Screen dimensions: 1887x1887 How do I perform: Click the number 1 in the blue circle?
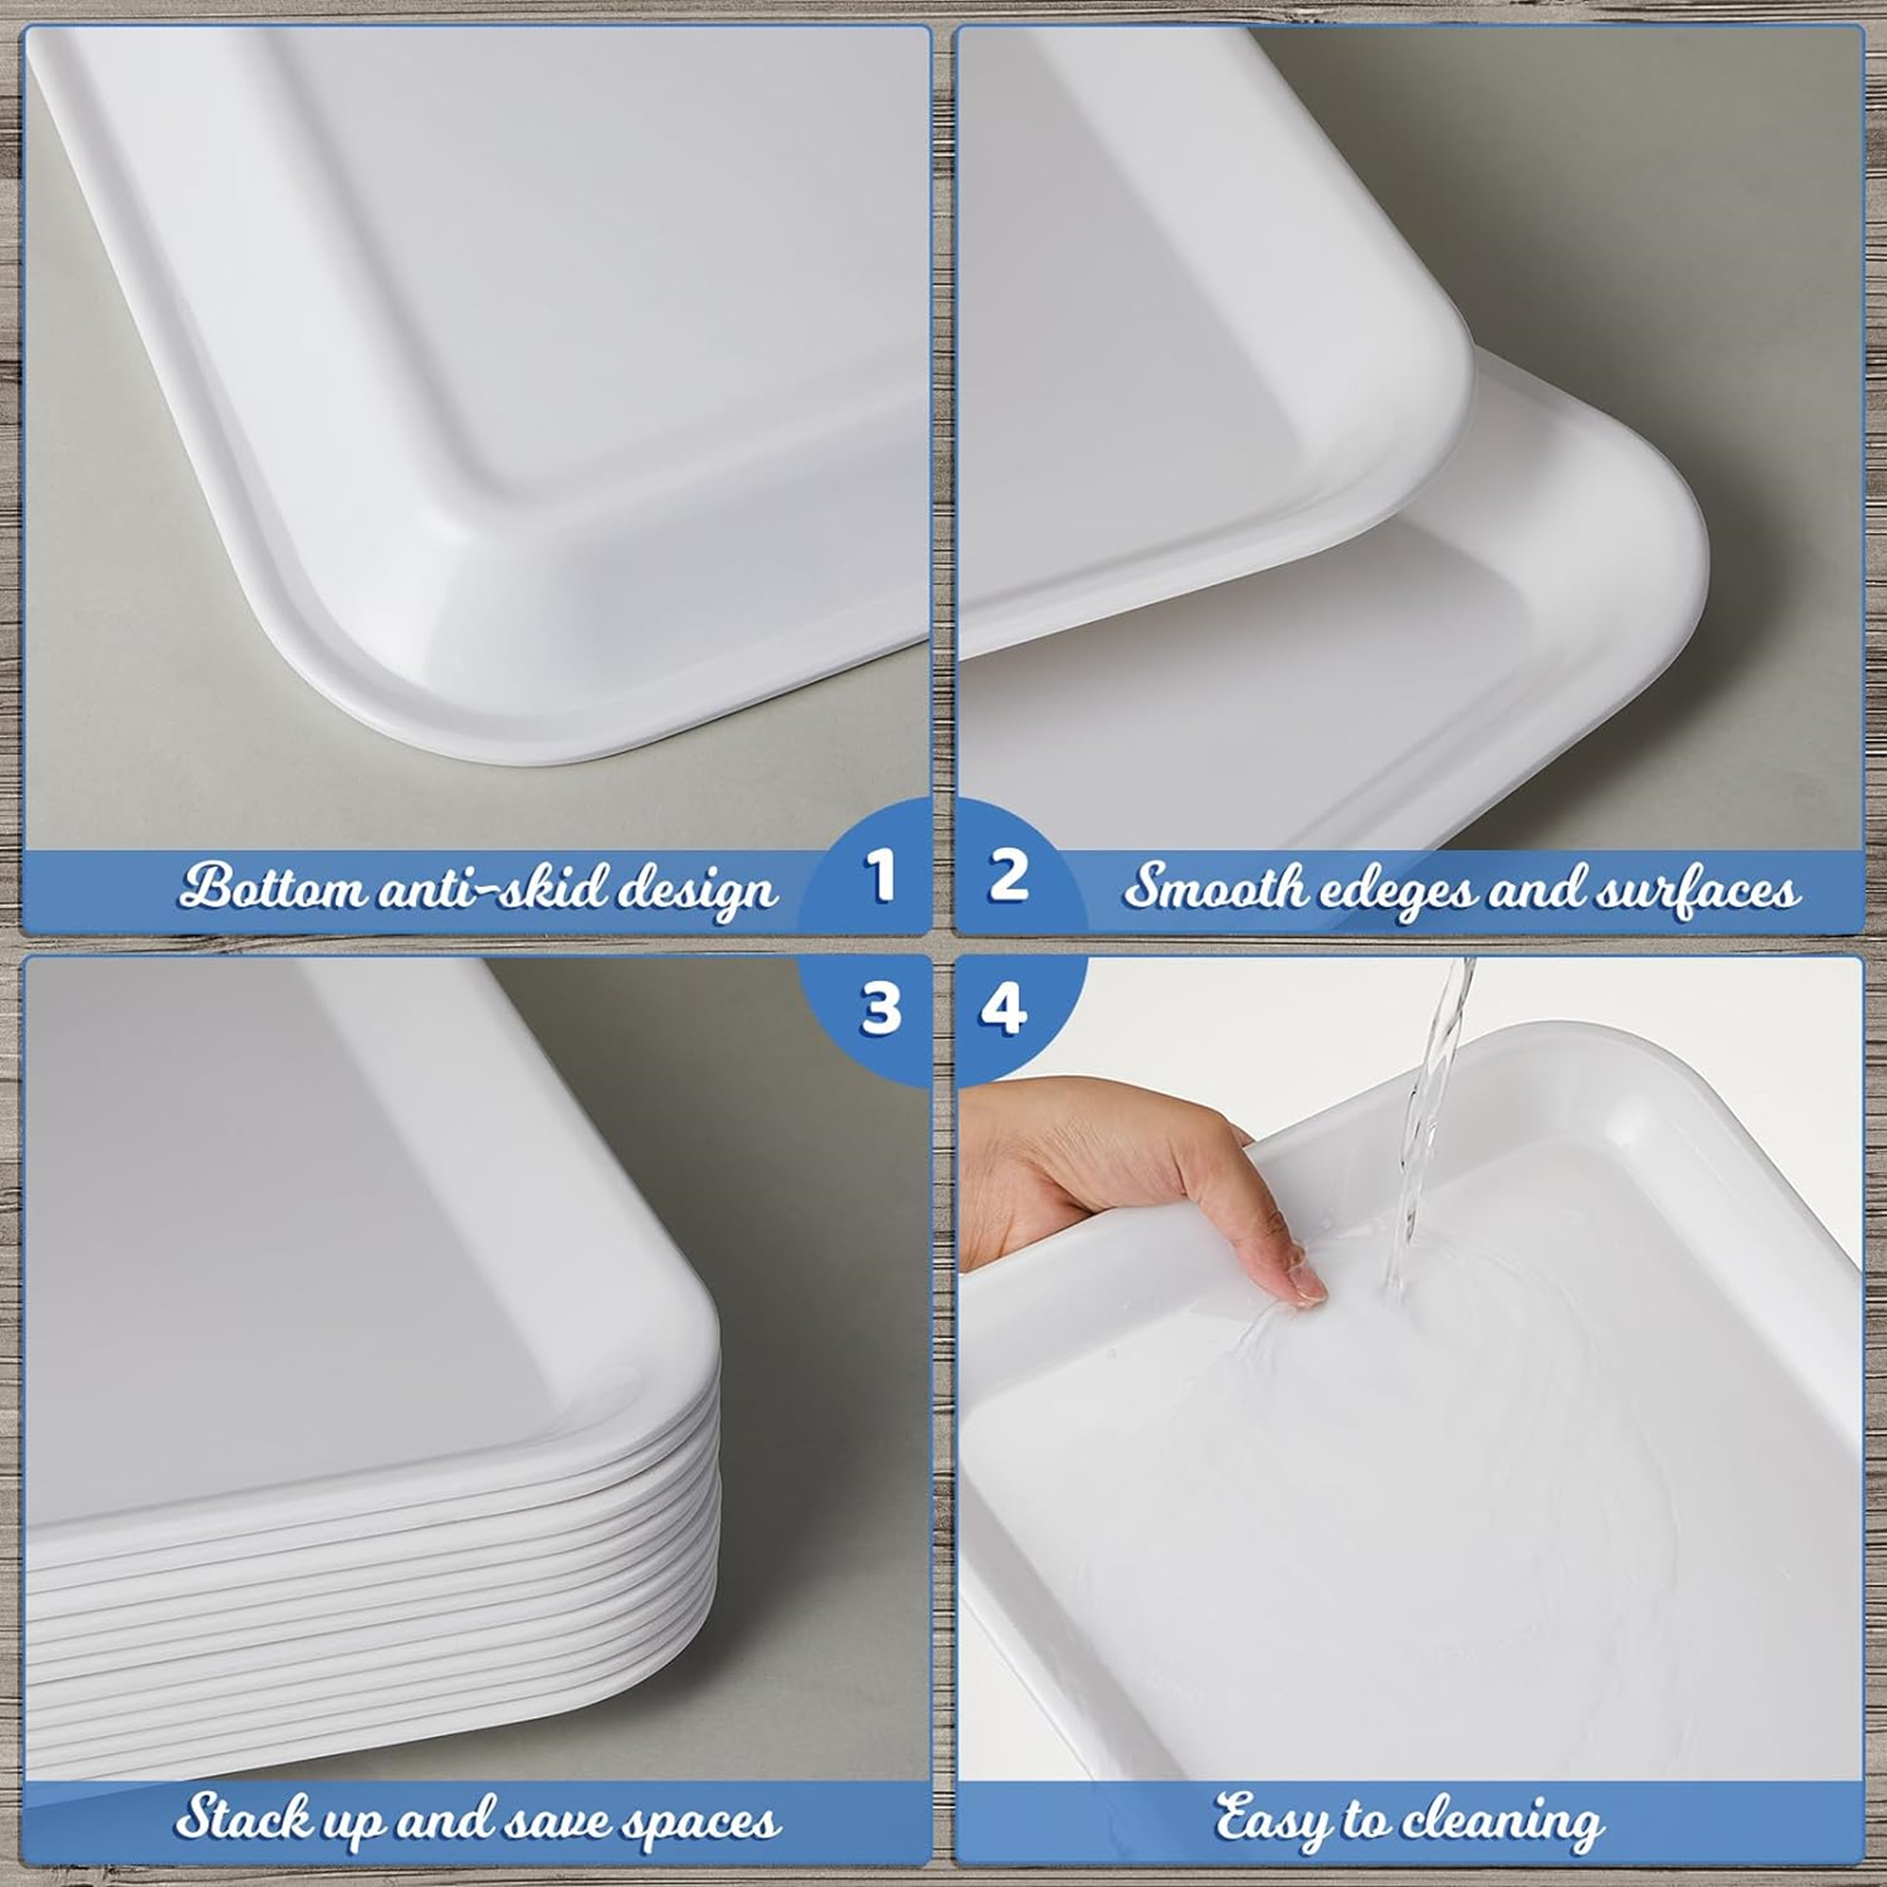[x=879, y=876]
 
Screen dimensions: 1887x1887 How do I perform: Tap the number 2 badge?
[x=1008, y=876]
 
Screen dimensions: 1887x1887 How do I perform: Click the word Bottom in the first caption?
[x=256, y=887]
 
